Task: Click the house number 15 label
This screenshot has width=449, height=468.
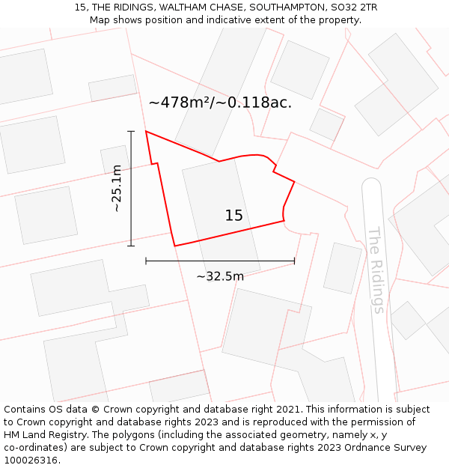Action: point(233,216)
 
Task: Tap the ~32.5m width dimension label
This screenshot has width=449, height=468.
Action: point(220,276)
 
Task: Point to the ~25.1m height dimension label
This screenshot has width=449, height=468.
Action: point(116,188)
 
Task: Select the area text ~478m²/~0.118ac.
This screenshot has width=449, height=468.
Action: point(220,103)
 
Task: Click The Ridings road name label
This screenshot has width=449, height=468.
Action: point(376,270)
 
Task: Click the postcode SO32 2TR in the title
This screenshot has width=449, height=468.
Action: point(353,7)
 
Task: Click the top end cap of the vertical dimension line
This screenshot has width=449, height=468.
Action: point(131,131)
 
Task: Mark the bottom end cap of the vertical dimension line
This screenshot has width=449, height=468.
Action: point(131,246)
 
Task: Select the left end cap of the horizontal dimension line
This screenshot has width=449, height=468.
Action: point(146,261)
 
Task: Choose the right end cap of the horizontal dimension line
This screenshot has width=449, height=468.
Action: point(294,261)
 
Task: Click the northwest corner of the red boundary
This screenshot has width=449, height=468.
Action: point(146,132)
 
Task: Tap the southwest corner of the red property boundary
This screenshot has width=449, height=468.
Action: point(174,246)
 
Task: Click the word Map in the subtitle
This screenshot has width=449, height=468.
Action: point(101,20)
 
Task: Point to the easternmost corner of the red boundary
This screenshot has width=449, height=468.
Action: point(294,182)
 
